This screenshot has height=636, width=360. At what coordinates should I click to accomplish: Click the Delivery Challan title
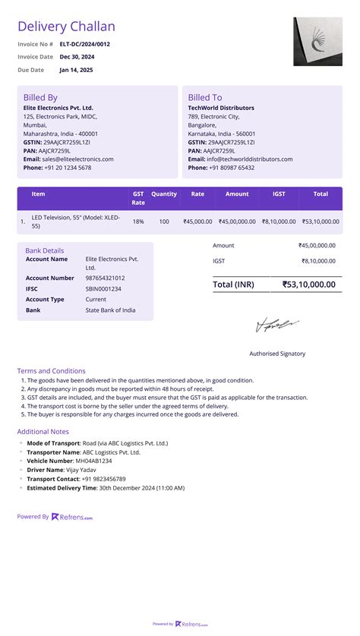(66, 27)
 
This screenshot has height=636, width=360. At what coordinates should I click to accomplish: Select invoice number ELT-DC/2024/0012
(84, 44)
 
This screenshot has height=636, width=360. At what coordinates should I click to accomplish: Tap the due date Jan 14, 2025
(76, 70)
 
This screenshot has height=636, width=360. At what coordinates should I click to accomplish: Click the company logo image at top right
(317, 42)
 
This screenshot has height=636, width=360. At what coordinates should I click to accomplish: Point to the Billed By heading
(40, 97)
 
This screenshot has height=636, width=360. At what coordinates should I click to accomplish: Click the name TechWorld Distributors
(222, 108)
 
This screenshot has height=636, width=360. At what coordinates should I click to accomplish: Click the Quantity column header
(164, 194)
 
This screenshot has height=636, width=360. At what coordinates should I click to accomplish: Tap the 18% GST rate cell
(138, 222)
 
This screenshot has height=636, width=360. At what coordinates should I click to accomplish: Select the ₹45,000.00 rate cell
(197, 222)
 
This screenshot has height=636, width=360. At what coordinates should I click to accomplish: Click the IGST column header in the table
(279, 194)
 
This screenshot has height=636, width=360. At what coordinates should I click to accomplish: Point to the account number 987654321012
(106, 278)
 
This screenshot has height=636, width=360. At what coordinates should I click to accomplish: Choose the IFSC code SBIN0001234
(103, 288)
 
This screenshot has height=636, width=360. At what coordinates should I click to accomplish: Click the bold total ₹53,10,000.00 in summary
(308, 285)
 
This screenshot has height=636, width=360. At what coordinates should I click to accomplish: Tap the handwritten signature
(277, 326)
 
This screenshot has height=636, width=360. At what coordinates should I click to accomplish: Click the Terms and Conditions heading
(51, 371)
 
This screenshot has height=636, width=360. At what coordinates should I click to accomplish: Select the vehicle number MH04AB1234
(93, 461)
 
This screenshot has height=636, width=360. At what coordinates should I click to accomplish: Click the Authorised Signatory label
(277, 354)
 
